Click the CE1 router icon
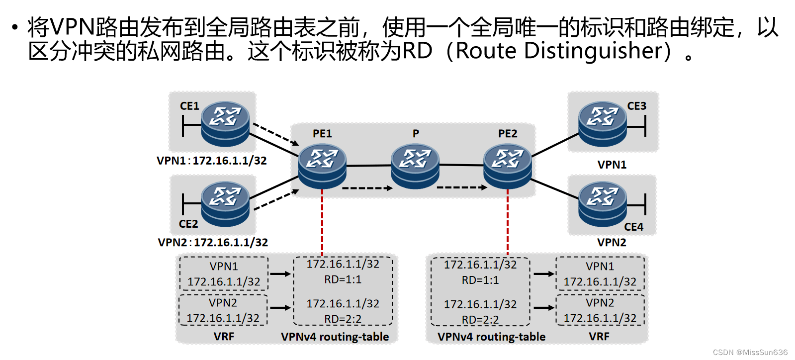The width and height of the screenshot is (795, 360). coord(225,123)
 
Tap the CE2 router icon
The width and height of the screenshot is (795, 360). coord(225,204)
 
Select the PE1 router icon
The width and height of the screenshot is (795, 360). coord(322,166)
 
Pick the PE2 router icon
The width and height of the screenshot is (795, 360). coord(508,166)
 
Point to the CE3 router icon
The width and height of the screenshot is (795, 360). coord(602,123)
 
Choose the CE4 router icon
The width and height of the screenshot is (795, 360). coord(602,204)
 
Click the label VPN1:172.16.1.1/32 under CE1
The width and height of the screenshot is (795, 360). coord(212,161)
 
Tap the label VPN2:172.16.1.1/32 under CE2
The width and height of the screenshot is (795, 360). coord(213,242)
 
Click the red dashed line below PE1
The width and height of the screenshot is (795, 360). coord(322,224)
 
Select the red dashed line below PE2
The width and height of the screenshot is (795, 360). coord(508,224)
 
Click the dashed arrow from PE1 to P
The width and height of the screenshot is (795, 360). coord(367,188)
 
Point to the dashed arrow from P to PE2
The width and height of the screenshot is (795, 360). coord(461,187)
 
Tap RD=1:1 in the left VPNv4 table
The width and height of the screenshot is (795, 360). coord(343,279)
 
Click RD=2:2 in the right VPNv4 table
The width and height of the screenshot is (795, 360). coord(480,319)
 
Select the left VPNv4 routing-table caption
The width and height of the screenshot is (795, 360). coord(335,337)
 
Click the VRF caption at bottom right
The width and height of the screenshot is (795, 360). coord(599,337)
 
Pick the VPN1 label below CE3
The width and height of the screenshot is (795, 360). coord(612,165)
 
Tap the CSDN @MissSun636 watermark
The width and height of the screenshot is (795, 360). coord(750,352)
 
